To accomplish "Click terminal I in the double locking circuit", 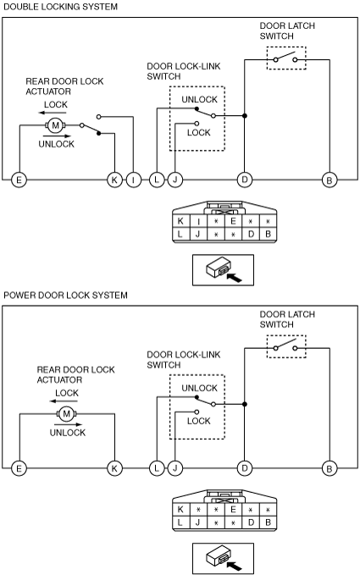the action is [134, 180].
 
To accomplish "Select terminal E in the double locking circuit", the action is [19, 180].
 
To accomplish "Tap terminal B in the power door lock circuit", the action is [330, 468].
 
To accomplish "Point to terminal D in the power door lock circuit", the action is [245, 468].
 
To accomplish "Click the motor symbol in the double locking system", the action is [55, 125].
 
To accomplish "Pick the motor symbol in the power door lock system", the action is [66, 414].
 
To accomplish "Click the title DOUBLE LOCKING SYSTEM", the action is [60, 7].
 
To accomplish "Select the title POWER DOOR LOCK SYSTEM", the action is [65, 296].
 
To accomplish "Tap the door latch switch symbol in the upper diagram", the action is [286, 58].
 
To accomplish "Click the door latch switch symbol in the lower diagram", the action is [286, 346].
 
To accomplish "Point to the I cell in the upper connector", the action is [198, 221].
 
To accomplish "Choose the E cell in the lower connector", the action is [233, 509].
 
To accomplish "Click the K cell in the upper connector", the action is [180, 221].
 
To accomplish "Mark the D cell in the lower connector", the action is [251, 522].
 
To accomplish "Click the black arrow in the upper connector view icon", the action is [234, 277].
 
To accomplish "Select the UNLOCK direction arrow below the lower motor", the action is [69, 424].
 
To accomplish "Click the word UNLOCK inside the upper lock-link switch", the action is [200, 99].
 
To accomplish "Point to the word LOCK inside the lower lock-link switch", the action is [199, 421].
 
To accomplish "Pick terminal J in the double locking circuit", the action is [175, 180].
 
